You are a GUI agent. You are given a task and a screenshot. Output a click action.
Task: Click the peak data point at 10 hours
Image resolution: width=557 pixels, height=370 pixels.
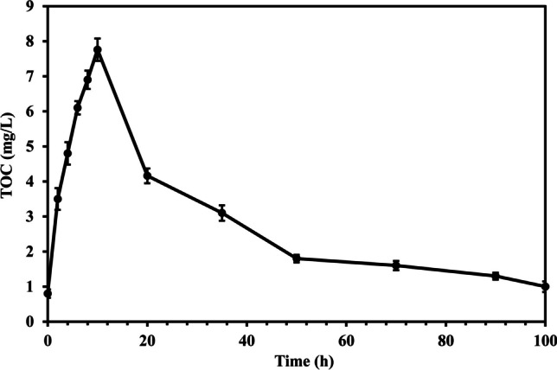[x=98, y=49]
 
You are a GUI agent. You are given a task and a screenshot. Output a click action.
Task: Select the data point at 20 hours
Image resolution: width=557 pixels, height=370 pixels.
[x=147, y=175]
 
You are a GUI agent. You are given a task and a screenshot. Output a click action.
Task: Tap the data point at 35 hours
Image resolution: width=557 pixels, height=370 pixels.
[x=222, y=213]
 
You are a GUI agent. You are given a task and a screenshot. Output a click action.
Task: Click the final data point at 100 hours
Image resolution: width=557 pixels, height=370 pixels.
[x=545, y=286]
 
